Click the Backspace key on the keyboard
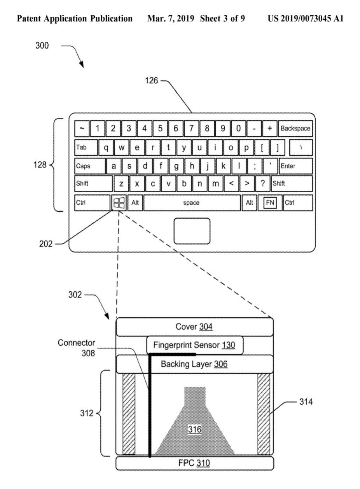coord(295,128)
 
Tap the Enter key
coord(295,166)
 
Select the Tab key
coord(86,148)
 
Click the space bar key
coord(192,203)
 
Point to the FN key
coord(270,203)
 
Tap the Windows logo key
coord(119,203)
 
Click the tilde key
coord(82,128)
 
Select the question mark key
coord(263,184)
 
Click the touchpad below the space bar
coord(192,231)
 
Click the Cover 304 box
coord(194,327)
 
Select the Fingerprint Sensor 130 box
coord(194,345)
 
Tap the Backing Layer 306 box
coord(194,364)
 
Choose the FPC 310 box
coord(194,463)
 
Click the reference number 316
coord(194,429)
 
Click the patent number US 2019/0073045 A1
coord(306,19)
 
